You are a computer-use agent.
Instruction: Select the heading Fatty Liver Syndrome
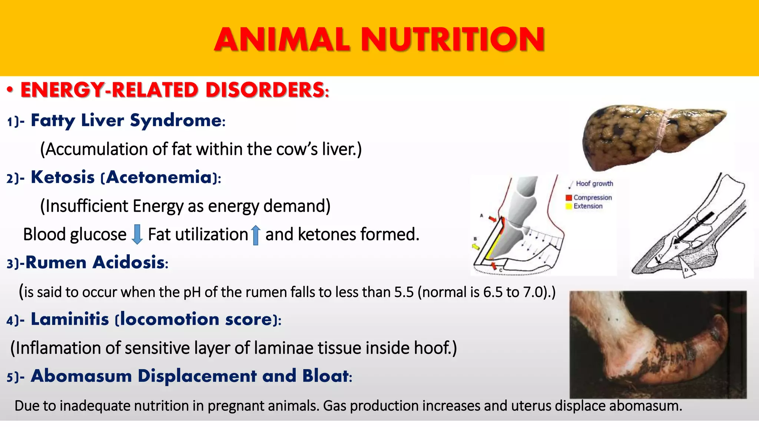pos(126,120)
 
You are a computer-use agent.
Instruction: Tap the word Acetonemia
pos(159,177)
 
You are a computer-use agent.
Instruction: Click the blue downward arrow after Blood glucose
pos(137,234)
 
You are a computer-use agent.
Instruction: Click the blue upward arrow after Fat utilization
pos(255,235)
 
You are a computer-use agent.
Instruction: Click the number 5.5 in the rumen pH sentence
pos(404,292)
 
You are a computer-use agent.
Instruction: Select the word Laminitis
pos(70,319)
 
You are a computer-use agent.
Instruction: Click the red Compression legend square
pos(569,198)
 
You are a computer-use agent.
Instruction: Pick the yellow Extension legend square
pos(569,206)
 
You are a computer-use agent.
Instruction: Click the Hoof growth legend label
pos(594,183)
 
